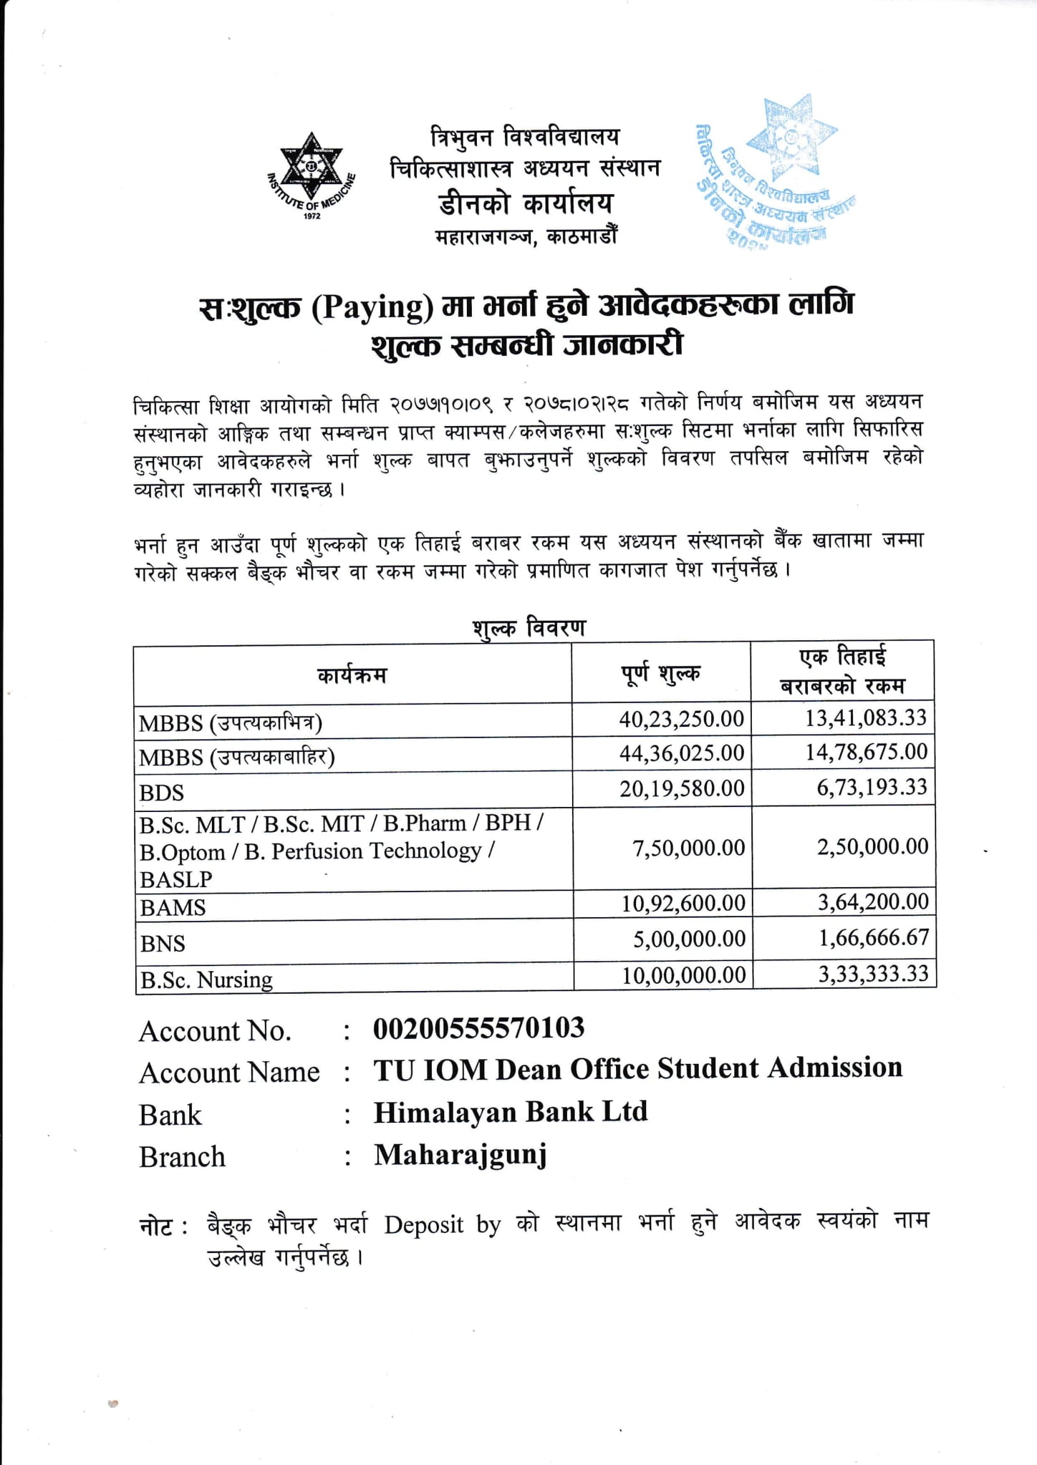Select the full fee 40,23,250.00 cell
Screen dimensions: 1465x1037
[681, 719]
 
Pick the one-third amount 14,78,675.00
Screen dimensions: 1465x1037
[866, 752]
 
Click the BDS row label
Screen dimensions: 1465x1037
[162, 793]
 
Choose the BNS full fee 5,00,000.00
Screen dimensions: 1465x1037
[689, 939]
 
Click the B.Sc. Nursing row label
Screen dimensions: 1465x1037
[206, 980]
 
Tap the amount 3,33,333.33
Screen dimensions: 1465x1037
[873, 974]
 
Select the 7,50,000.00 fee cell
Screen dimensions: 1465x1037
[688, 848]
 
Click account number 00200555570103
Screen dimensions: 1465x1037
[478, 1028]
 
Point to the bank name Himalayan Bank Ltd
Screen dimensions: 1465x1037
[511, 1112]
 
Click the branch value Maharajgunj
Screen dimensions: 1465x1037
[460, 1154]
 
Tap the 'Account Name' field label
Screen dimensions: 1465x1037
[229, 1073]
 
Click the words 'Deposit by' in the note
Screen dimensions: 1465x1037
[442, 1224]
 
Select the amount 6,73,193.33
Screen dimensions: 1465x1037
[872, 788]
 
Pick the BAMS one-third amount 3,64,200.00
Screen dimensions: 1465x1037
[873, 901]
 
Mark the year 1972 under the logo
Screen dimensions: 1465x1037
[312, 216]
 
